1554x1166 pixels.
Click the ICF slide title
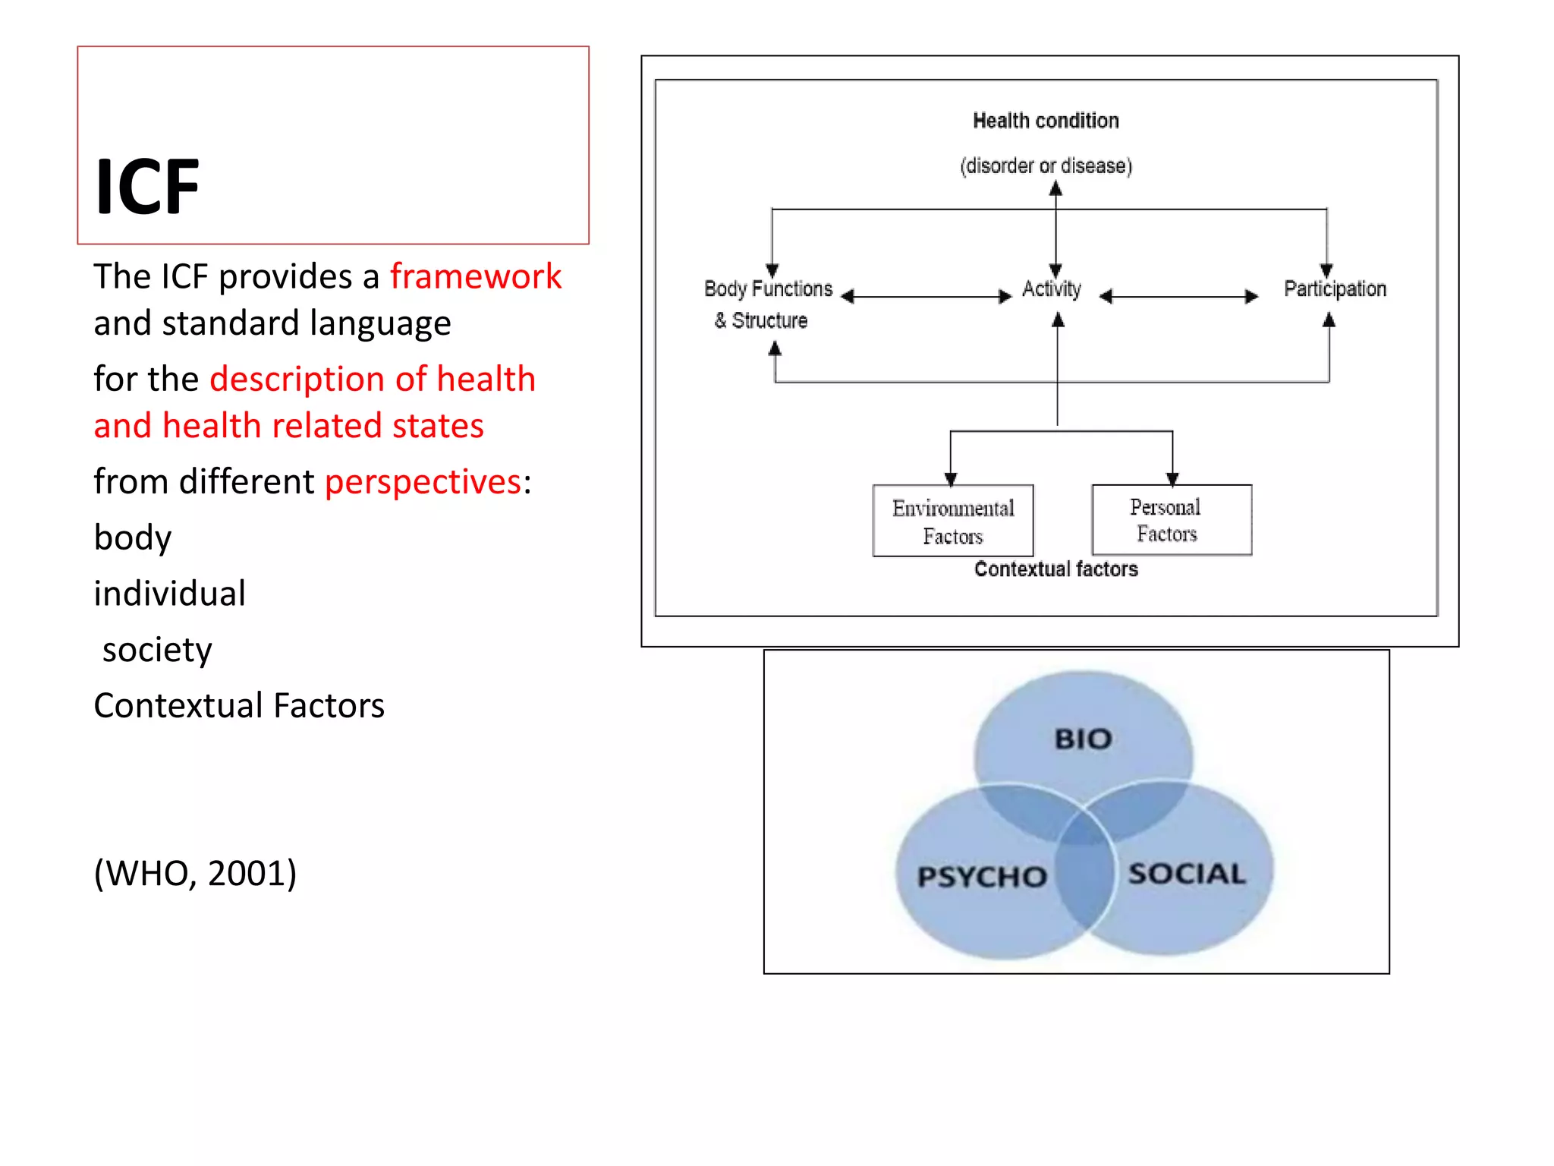tap(147, 187)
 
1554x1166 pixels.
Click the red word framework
tap(476, 276)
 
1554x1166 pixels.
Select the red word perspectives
tap(423, 481)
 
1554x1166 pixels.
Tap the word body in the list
tap(133, 537)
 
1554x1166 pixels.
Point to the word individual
tap(169, 593)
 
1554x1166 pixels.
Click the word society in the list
tap(157, 650)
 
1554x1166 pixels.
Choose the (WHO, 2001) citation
tap(195, 873)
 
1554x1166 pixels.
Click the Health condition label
tap(1046, 121)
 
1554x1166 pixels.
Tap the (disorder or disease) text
tap(1046, 165)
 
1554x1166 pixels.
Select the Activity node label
tap(1051, 289)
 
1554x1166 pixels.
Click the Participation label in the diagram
tap(1335, 289)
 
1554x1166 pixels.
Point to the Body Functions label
tap(768, 289)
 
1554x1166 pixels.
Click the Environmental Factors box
tap(953, 522)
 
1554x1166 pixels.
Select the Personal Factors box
tap(1171, 520)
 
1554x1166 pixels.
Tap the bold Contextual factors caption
tap(1055, 569)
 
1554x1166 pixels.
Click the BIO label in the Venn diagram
tap(1083, 739)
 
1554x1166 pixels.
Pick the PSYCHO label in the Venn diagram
tap(982, 877)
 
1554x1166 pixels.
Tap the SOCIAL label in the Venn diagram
tap(1187, 874)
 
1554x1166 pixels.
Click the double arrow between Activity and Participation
tap(1178, 297)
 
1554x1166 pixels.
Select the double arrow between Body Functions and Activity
tap(926, 297)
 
